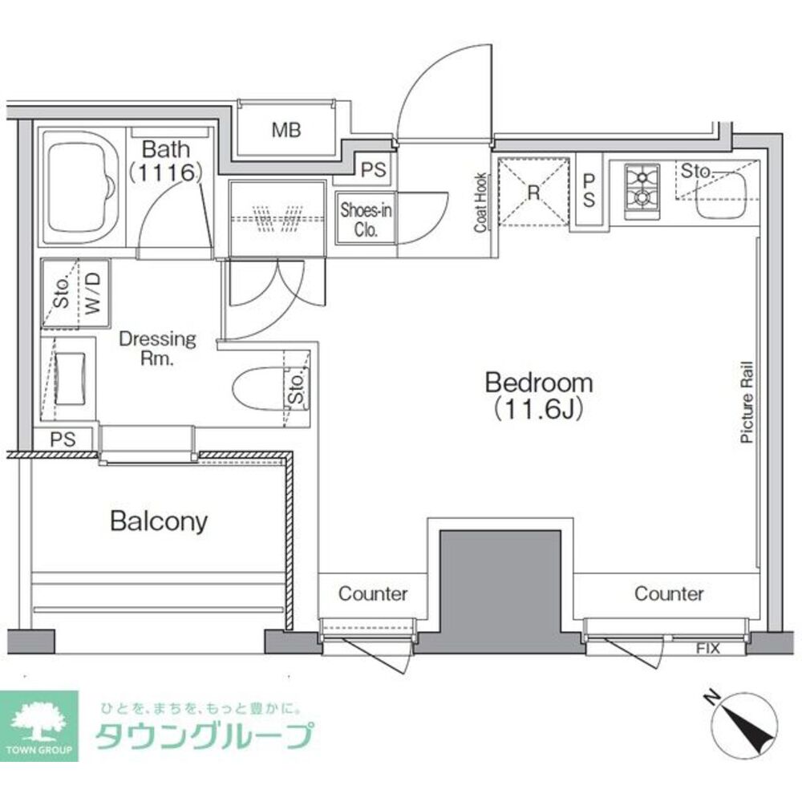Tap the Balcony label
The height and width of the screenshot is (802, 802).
tap(158, 522)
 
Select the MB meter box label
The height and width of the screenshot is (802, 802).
tap(285, 130)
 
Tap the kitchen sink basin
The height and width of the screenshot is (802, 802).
tap(721, 197)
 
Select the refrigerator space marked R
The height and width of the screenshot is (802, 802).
tap(532, 192)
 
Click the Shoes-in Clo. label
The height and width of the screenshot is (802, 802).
tap(365, 219)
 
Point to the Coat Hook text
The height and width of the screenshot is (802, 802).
tap(480, 203)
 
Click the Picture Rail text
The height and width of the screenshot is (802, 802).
tap(746, 401)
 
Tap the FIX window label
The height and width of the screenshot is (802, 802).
tap(707, 647)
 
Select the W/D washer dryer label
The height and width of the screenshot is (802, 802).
tap(93, 293)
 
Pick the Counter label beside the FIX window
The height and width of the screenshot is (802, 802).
tap(669, 594)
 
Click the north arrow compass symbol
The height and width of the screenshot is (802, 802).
tap(744, 720)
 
